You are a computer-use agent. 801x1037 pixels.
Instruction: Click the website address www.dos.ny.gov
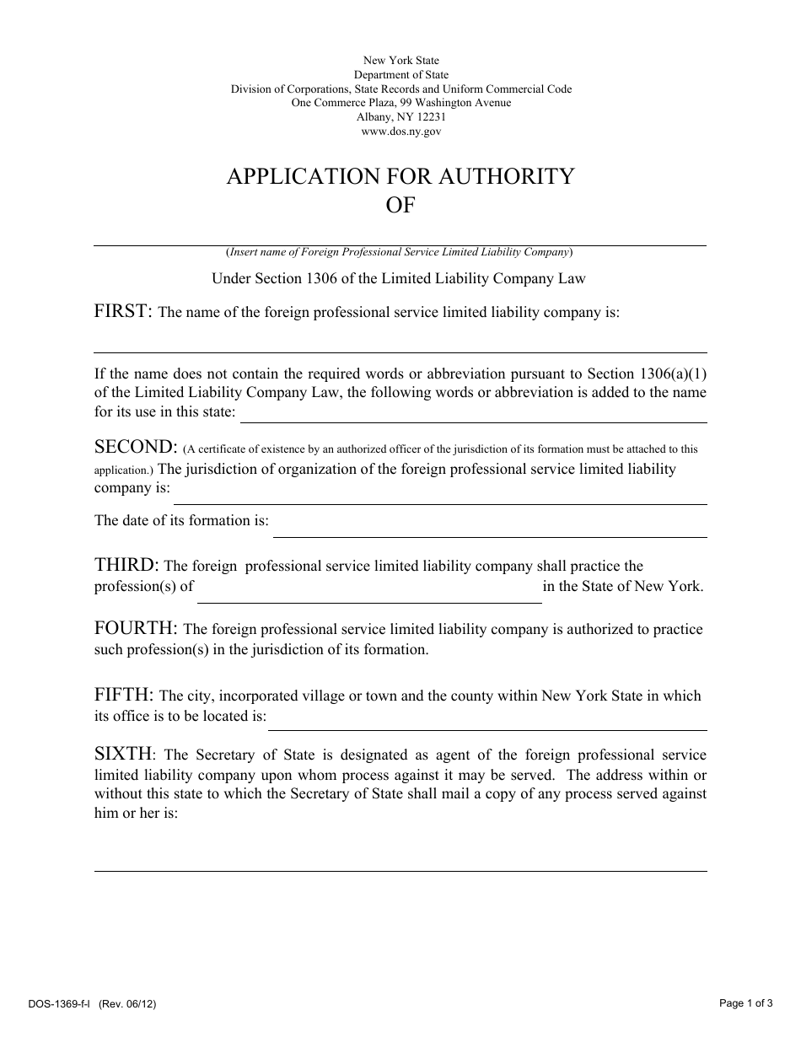(400, 132)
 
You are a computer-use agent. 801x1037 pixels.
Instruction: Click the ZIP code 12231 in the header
(430, 117)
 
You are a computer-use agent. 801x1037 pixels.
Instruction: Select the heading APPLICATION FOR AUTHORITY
(400, 176)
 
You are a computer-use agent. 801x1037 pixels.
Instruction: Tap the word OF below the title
(400, 205)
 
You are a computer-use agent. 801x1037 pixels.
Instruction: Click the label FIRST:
(123, 311)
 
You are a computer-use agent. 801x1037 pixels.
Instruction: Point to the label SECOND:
(136, 447)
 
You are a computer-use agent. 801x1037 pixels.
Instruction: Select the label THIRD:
(126, 565)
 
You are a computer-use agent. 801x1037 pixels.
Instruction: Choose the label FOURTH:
(136, 628)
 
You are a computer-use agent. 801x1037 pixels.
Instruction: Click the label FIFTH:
(123, 695)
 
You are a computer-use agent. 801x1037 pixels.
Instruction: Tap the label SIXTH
(123, 755)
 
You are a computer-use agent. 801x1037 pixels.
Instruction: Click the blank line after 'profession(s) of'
(369, 595)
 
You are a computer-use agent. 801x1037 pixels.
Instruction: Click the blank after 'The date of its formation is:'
(489, 529)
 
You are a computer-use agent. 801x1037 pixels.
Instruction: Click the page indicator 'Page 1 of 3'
(746, 1003)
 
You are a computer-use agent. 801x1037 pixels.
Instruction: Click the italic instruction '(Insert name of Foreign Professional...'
(400, 252)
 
